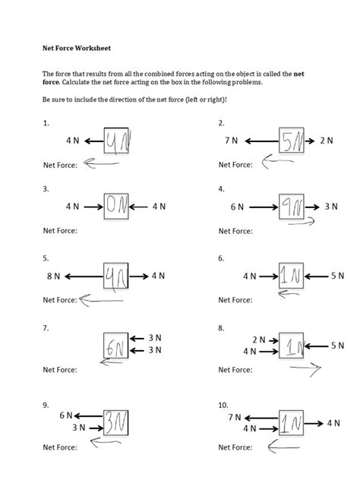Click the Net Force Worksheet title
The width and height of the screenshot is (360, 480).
click(x=76, y=47)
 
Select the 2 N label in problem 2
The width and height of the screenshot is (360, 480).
click(x=327, y=141)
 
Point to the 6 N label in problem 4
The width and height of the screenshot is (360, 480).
click(x=237, y=206)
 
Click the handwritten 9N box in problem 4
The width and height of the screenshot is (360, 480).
click(x=292, y=206)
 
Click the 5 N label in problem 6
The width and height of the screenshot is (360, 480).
click(x=337, y=276)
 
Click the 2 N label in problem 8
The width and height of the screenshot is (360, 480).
click(x=258, y=340)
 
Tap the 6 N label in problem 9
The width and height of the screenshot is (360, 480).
click(x=65, y=416)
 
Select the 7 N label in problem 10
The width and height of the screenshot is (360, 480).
click(x=235, y=417)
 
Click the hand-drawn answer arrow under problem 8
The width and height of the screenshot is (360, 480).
click(x=300, y=371)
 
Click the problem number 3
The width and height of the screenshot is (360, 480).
click(x=46, y=188)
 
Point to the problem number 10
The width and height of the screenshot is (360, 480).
click(x=223, y=405)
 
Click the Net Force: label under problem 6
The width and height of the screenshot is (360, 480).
click(x=235, y=300)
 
